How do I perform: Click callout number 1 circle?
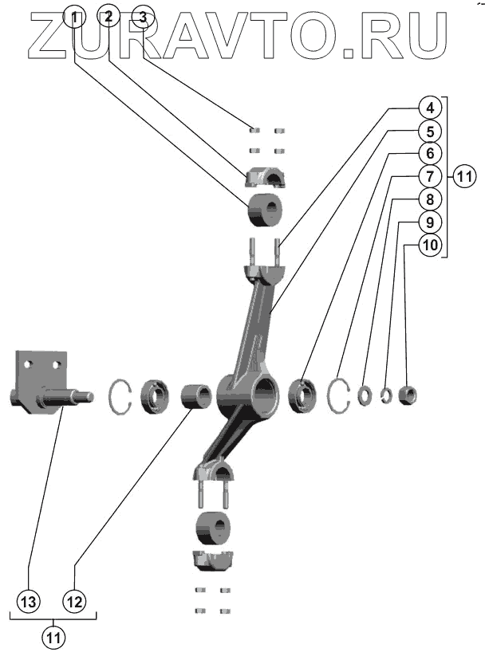click(x=74, y=17)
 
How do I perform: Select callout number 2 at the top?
click(x=108, y=17)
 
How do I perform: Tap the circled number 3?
click(x=142, y=18)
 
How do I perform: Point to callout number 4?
click(x=428, y=107)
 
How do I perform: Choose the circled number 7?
click(x=428, y=175)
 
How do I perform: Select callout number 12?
click(x=74, y=603)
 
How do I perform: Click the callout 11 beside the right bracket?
click(x=464, y=177)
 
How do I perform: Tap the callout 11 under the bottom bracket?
click(x=53, y=637)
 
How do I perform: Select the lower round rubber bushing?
click(x=212, y=528)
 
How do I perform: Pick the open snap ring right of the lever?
click(x=340, y=395)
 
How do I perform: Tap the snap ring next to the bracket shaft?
click(x=119, y=395)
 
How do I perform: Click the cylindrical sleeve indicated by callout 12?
click(x=195, y=396)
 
